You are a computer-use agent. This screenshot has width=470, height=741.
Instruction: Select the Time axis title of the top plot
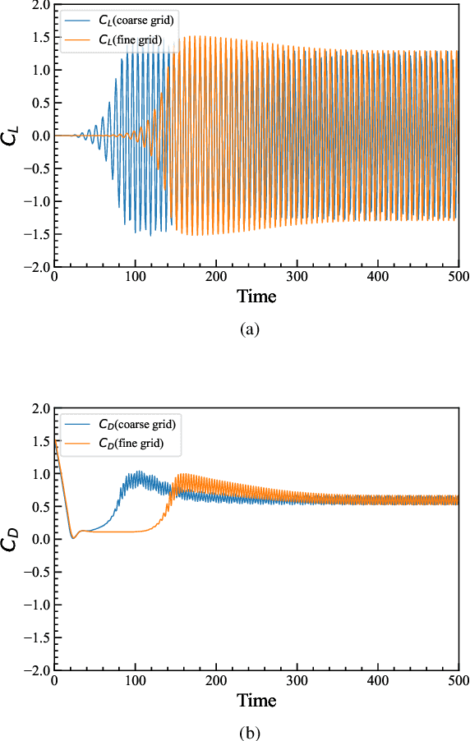(256, 297)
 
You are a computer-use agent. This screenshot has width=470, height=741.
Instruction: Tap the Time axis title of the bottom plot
(256, 700)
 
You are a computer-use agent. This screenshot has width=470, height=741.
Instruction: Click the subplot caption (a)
(249, 329)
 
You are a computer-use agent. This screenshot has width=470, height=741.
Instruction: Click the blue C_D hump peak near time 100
(139, 472)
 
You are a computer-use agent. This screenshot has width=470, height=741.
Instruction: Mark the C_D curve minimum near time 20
(72, 537)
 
